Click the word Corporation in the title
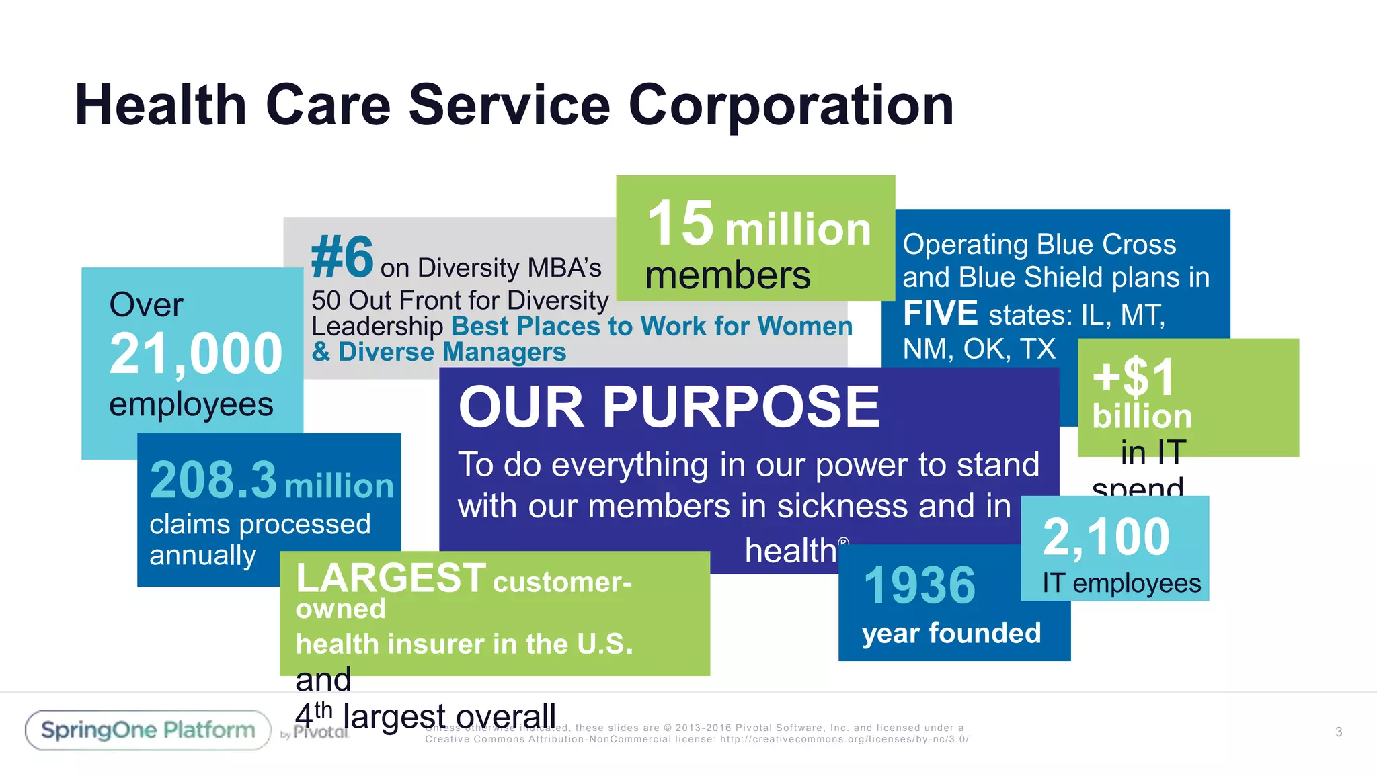[x=791, y=105]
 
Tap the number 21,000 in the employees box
[x=196, y=354]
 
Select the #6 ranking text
[x=342, y=257]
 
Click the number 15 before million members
[x=680, y=223]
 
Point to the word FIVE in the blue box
[x=940, y=314]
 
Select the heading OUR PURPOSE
[x=669, y=407]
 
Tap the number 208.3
[x=213, y=480]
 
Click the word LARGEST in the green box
[x=391, y=578]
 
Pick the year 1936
[x=919, y=585]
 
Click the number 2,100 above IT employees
[x=1106, y=537]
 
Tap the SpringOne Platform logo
[x=148, y=730]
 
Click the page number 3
[x=1338, y=732]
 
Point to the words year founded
[x=951, y=633]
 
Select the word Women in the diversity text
[x=805, y=327]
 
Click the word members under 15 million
[x=727, y=276]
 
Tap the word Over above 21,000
[x=146, y=305]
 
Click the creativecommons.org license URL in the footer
[x=844, y=739]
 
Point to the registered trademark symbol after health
[x=843, y=542]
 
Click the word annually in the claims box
[x=202, y=556]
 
